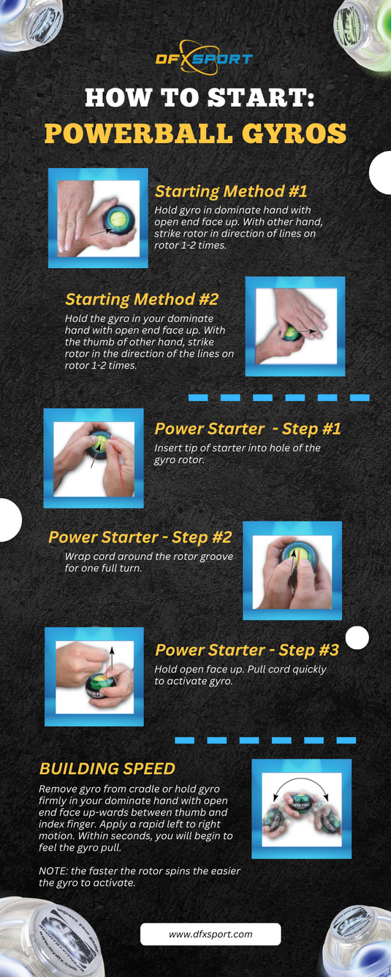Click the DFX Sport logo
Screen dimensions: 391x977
click(204, 58)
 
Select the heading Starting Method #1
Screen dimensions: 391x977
click(231, 191)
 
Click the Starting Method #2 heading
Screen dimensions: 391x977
click(141, 299)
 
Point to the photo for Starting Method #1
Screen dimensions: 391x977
click(98, 218)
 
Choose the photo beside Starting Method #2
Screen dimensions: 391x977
click(295, 326)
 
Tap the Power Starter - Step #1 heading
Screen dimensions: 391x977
click(248, 429)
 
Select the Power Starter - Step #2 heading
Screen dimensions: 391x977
click(140, 537)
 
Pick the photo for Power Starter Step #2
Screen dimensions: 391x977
click(292, 570)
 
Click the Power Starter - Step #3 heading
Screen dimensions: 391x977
click(247, 650)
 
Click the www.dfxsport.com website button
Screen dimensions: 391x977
click(210, 934)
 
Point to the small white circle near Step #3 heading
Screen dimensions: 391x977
click(357, 637)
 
